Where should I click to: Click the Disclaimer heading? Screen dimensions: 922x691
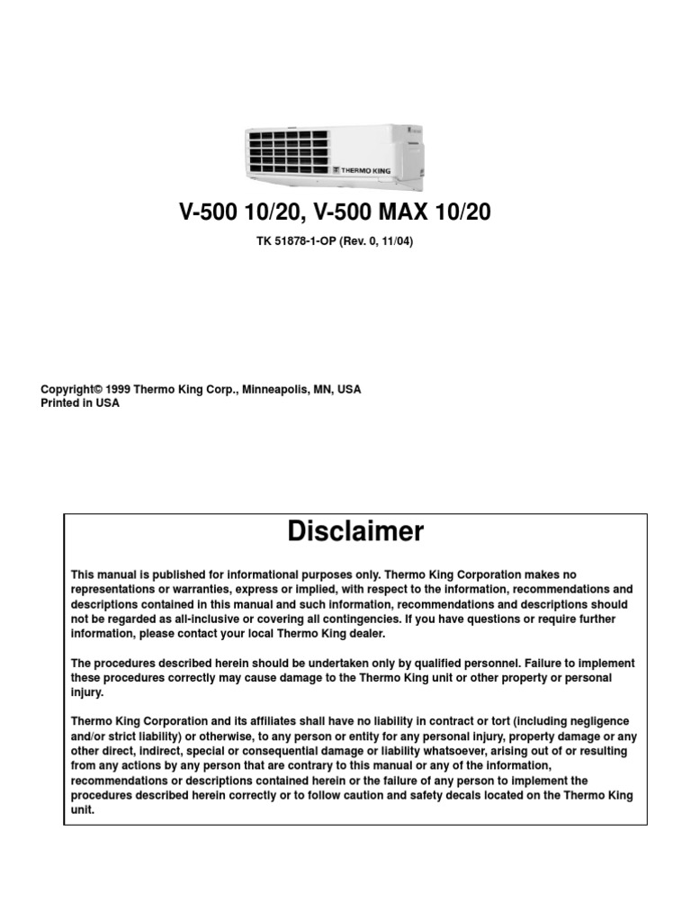pyautogui.click(x=355, y=532)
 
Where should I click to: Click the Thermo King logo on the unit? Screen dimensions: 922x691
pyautogui.click(x=360, y=169)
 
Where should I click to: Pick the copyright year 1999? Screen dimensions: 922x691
pyautogui.click(x=119, y=390)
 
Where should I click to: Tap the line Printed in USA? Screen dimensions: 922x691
pyautogui.click(x=80, y=403)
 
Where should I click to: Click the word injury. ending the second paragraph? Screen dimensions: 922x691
pyautogui.click(x=88, y=693)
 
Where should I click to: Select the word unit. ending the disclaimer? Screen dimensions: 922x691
pyautogui.click(x=82, y=809)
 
